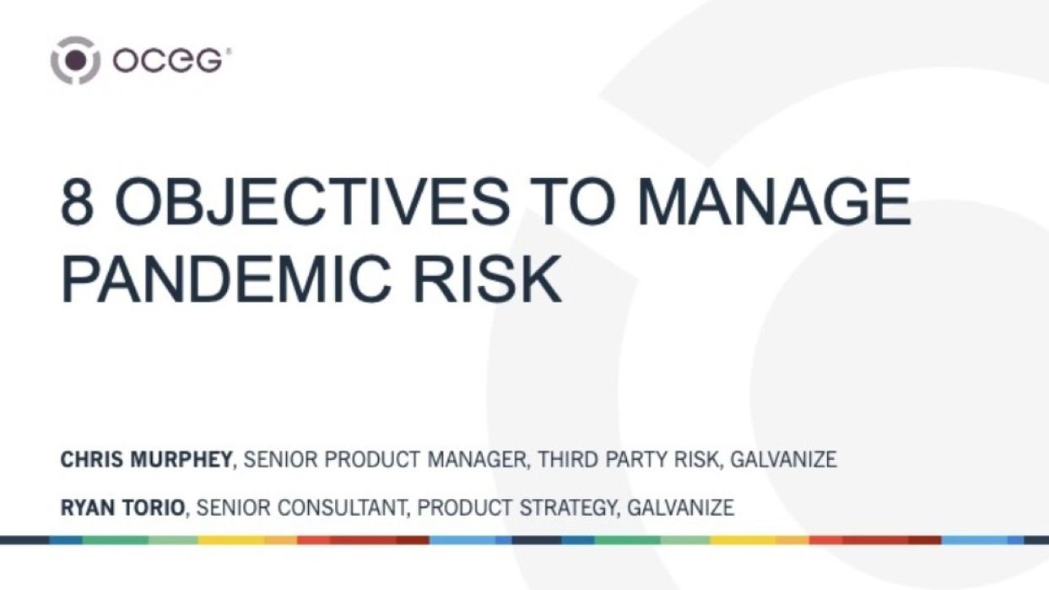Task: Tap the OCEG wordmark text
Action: pos(169,61)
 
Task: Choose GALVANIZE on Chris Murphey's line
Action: pos(783,460)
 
